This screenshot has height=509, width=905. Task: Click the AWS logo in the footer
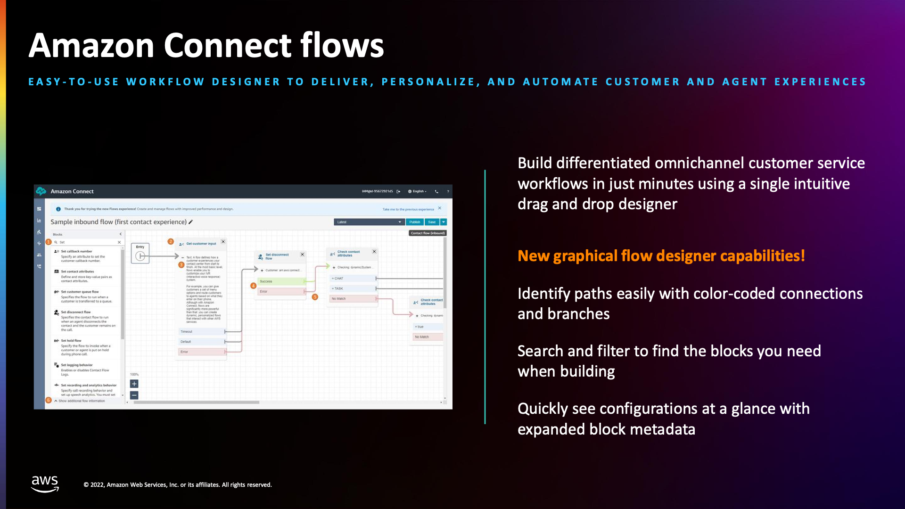pos(45,484)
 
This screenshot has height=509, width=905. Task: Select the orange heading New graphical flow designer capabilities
pos(661,256)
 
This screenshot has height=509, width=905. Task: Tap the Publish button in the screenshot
pos(414,222)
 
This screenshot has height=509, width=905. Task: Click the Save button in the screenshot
pos(432,222)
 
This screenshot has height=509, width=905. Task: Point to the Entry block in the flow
pos(140,254)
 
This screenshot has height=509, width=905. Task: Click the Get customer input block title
pos(201,244)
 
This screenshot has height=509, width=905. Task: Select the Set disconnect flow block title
pos(277,256)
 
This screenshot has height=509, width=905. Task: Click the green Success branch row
pos(281,281)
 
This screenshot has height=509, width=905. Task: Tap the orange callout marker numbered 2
pos(171,241)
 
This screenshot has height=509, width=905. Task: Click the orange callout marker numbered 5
pos(315,297)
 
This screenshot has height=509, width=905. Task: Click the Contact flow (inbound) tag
pos(427,233)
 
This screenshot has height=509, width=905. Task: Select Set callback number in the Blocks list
pos(76,251)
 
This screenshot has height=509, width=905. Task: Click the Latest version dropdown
pos(369,222)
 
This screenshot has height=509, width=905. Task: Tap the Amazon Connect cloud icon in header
pos(41,191)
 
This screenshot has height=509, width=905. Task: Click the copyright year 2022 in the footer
pos(97,484)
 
